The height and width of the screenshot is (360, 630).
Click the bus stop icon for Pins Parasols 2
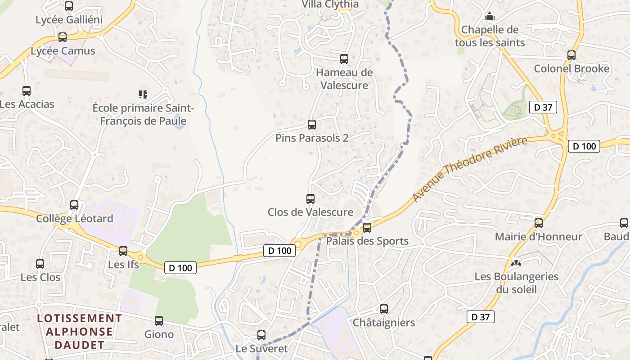point(311,125)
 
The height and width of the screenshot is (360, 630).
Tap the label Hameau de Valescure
point(344,79)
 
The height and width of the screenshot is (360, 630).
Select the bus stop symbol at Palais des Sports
point(367,228)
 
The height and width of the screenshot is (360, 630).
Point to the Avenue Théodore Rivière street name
point(470,170)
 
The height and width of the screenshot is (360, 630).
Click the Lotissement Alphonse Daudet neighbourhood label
point(80,332)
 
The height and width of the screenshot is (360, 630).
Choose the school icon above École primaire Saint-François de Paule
point(143,94)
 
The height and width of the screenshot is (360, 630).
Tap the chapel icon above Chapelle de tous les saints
point(490,17)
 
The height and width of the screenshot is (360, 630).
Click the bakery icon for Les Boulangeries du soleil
point(516,263)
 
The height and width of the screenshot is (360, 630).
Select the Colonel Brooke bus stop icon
point(571,55)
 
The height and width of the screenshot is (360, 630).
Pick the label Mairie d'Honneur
point(538,237)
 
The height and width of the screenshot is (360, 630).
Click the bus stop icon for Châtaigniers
point(383,309)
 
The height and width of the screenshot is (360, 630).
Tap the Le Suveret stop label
point(261,349)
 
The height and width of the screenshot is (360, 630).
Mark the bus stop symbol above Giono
point(159,321)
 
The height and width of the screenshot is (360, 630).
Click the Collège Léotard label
point(74,219)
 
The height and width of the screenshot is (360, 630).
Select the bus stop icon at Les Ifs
point(123,251)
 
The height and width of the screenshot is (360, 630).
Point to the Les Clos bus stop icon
point(40,264)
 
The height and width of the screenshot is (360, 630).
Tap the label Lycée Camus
point(63,51)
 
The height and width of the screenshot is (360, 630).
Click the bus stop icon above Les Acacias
point(27,91)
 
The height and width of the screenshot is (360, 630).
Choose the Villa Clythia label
point(330,4)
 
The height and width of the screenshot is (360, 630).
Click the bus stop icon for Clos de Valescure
point(310,198)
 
